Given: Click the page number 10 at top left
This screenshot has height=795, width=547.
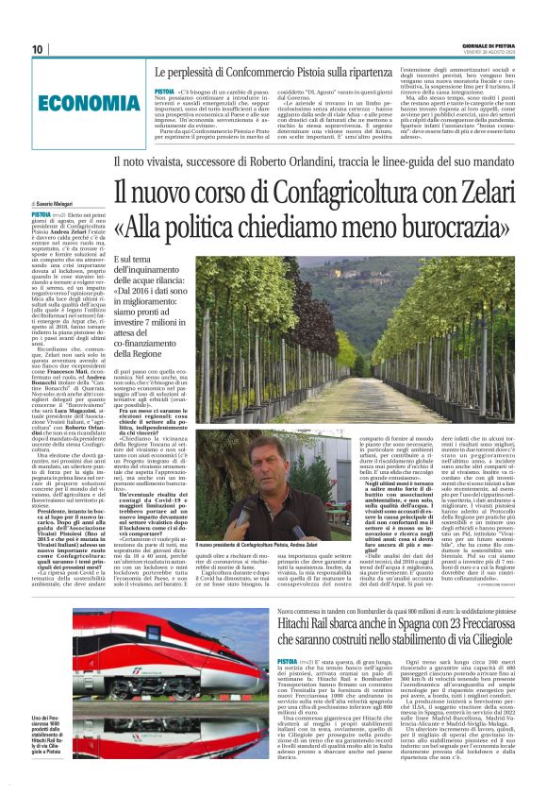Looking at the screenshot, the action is click(39, 49).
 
